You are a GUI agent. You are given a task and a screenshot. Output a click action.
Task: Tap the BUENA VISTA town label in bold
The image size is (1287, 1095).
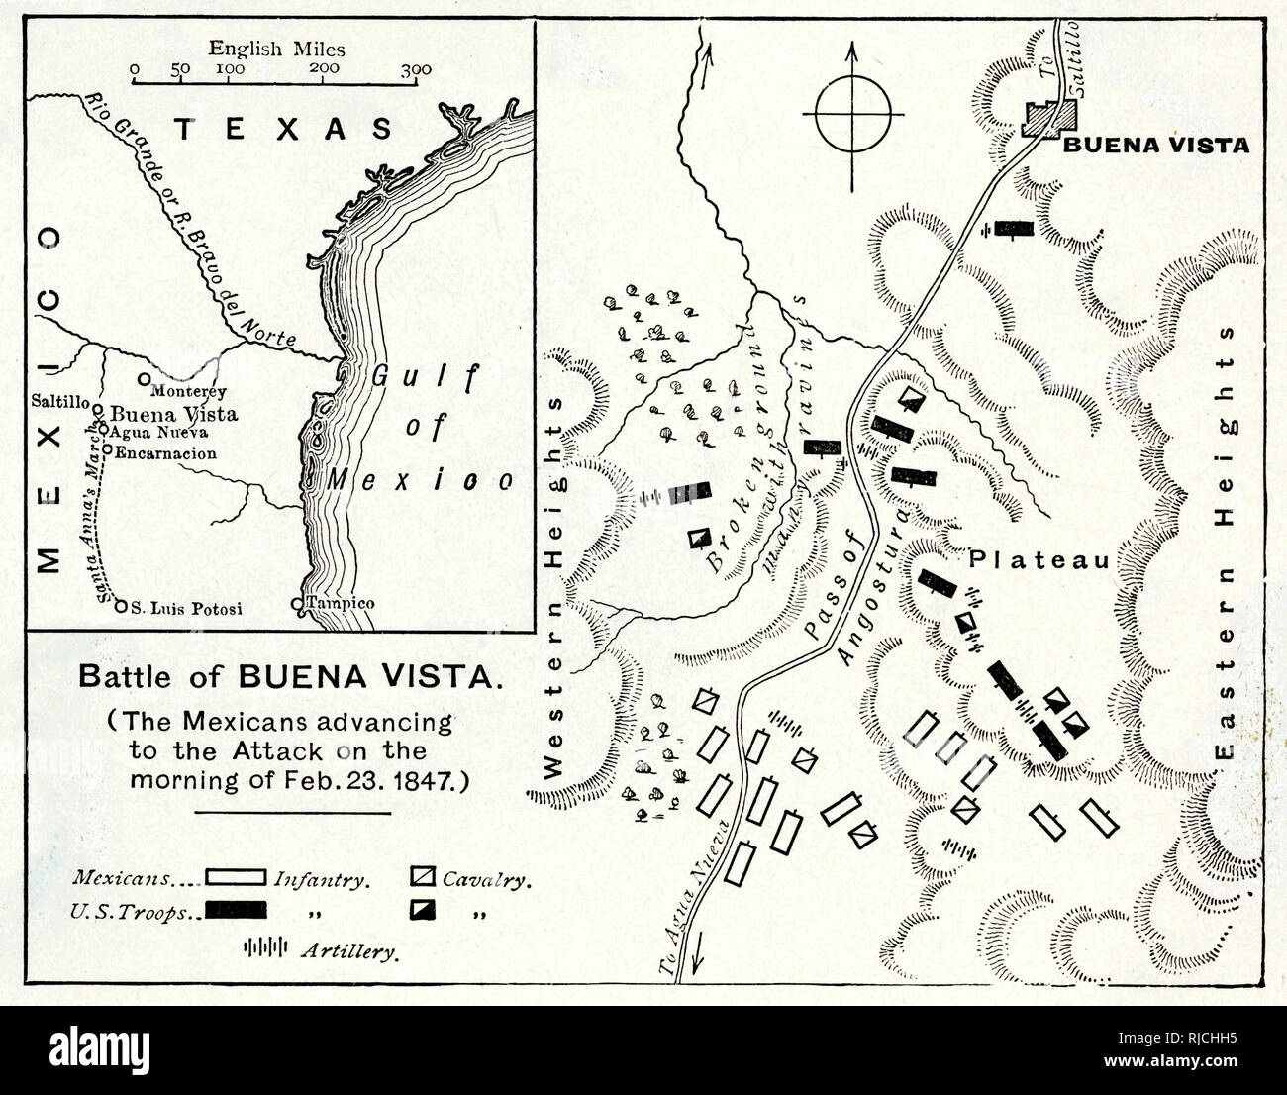(x=1156, y=146)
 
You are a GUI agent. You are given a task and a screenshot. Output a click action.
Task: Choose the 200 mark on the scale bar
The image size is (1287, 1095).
(x=324, y=69)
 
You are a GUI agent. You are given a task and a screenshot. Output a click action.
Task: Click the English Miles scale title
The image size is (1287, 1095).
(x=276, y=47)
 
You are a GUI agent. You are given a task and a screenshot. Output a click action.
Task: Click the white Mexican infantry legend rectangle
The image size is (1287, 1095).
(x=236, y=877)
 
